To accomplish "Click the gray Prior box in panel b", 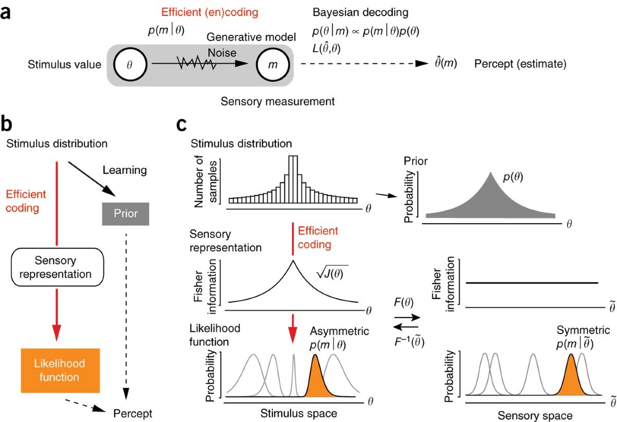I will pos(126,213).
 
